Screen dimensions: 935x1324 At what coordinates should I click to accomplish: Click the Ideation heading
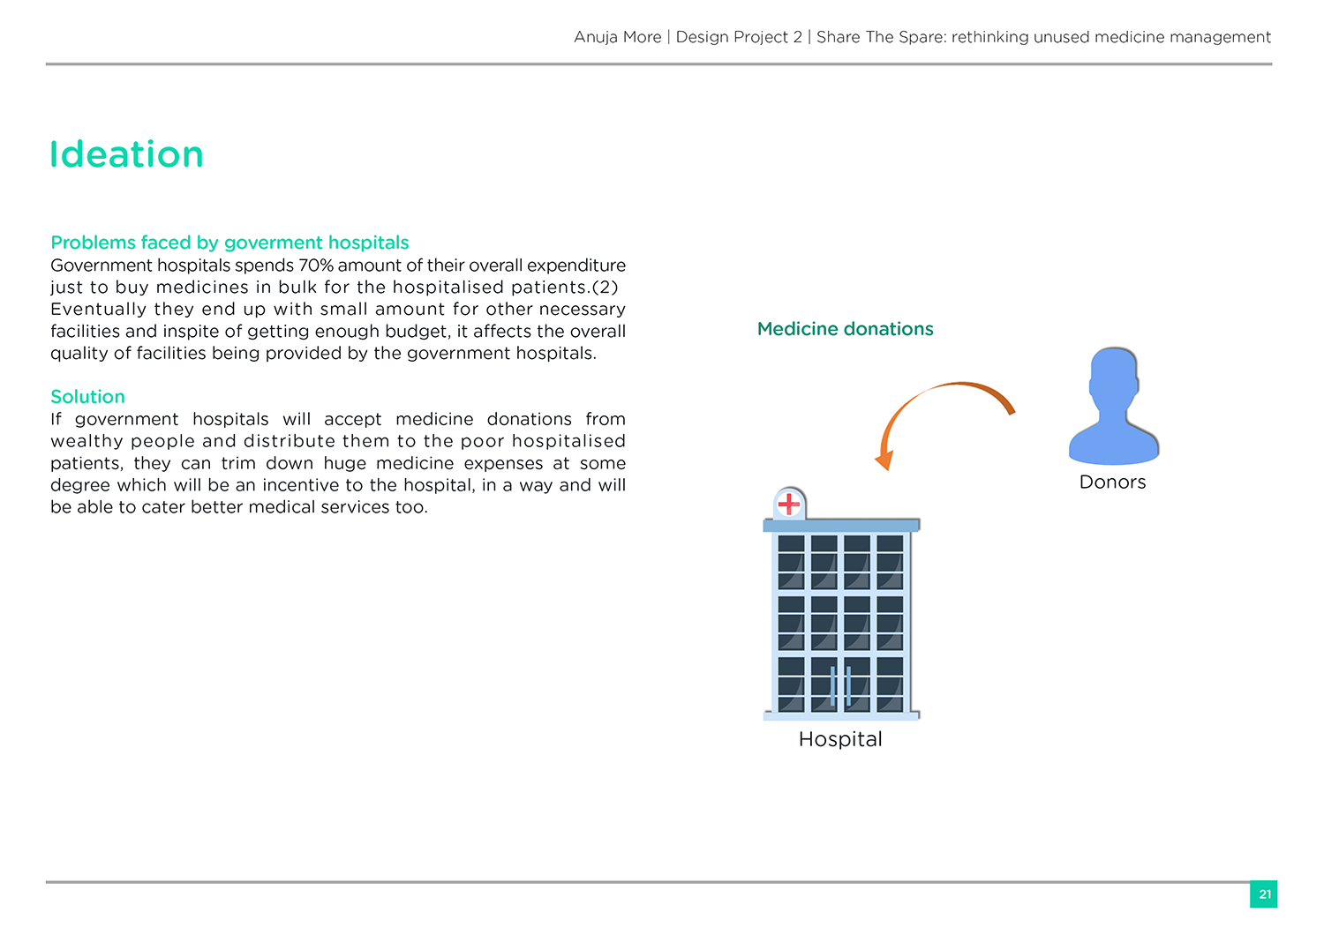[126, 155]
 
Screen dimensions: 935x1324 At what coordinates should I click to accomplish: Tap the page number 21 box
[1264, 894]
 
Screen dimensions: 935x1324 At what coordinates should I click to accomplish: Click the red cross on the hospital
[788, 504]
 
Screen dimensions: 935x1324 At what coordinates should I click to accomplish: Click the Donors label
[1112, 482]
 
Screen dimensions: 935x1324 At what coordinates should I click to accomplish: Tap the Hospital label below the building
[840, 739]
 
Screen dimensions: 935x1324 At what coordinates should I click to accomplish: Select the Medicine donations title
[845, 329]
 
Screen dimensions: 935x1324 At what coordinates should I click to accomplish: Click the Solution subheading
[87, 397]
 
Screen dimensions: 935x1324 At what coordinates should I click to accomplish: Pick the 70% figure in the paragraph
[316, 266]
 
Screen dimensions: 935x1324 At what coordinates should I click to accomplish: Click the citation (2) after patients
[605, 288]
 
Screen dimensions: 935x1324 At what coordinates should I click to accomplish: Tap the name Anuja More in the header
[617, 37]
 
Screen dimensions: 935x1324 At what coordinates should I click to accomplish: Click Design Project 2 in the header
[739, 37]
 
